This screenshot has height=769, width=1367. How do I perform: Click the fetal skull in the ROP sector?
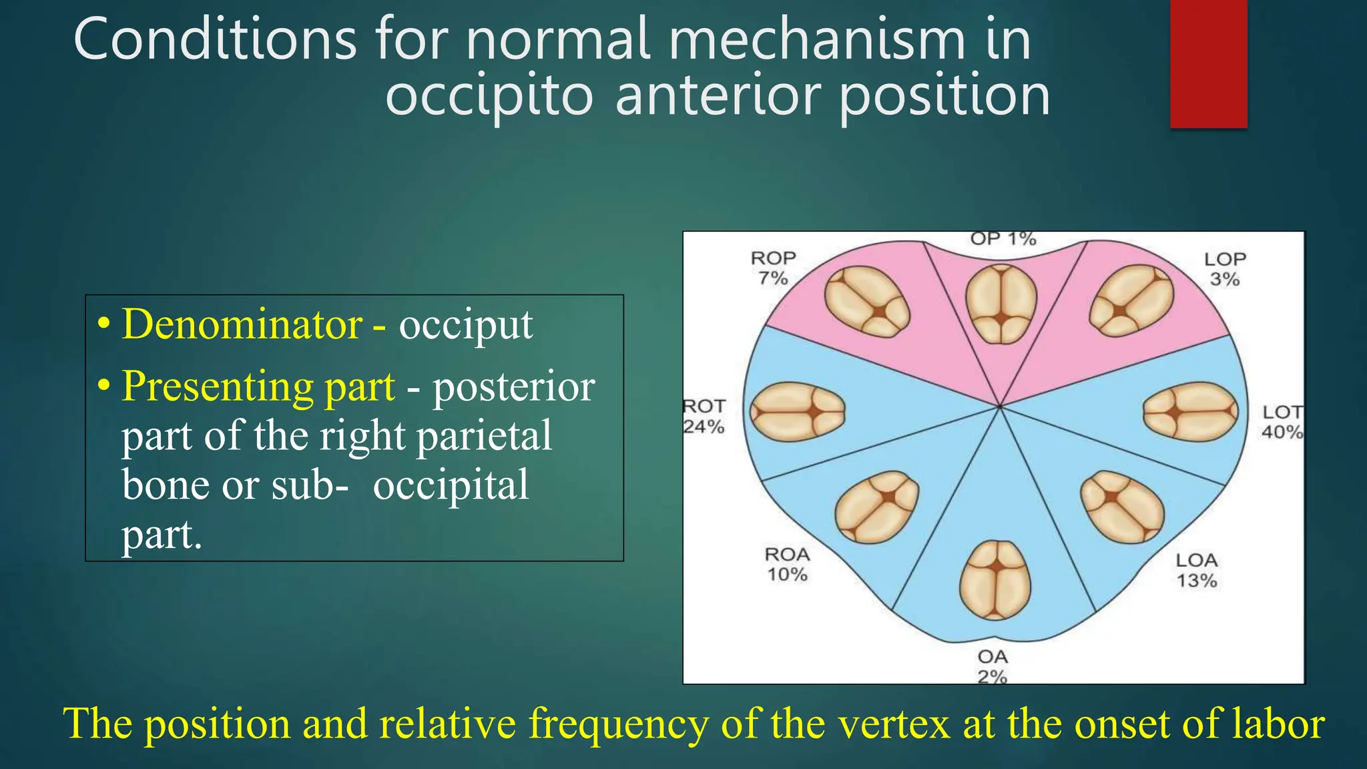pyautogui.click(x=867, y=301)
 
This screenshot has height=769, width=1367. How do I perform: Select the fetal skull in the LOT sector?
pyautogui.click(x=1191, y=412)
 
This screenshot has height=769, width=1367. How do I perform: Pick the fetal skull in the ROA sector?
pyautogui.click(x=877, y=507)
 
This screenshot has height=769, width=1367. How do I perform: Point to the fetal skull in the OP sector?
pyautogui.click(x=1001, y=304)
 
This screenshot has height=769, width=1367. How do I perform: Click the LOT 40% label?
pyautogui.click(x=1282, y=422)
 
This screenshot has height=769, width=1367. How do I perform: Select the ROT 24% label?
pyautogui.click(x=704, y=416)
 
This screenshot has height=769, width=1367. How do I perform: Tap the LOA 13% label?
pyautogui.click(x=1197, y=570)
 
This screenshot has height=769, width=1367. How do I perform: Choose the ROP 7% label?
pyautogui.click(x=773, y=268)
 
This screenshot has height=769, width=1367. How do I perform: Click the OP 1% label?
pyautogui.click(x=1003, y=239)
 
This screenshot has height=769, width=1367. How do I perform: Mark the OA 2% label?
pyautogui.click(x=993, y=666)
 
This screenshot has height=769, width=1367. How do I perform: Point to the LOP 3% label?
pyautogui.click(x=1225, y=268)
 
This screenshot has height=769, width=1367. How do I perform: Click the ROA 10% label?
pyautogui.click(x=788, y=564)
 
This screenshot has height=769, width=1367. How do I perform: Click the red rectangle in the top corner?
pyautogui.click(x=1208, y=63)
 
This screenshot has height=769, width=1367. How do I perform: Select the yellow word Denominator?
pyautogui.click(x=242, y=324)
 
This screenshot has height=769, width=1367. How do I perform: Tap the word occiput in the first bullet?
pyautogui.click(x=465, y=326)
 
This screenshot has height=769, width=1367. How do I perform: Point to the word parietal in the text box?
pyautogui.click(x=484, y=436)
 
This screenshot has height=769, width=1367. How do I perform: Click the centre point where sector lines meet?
pyautogui.click(x=1000, y=406)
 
